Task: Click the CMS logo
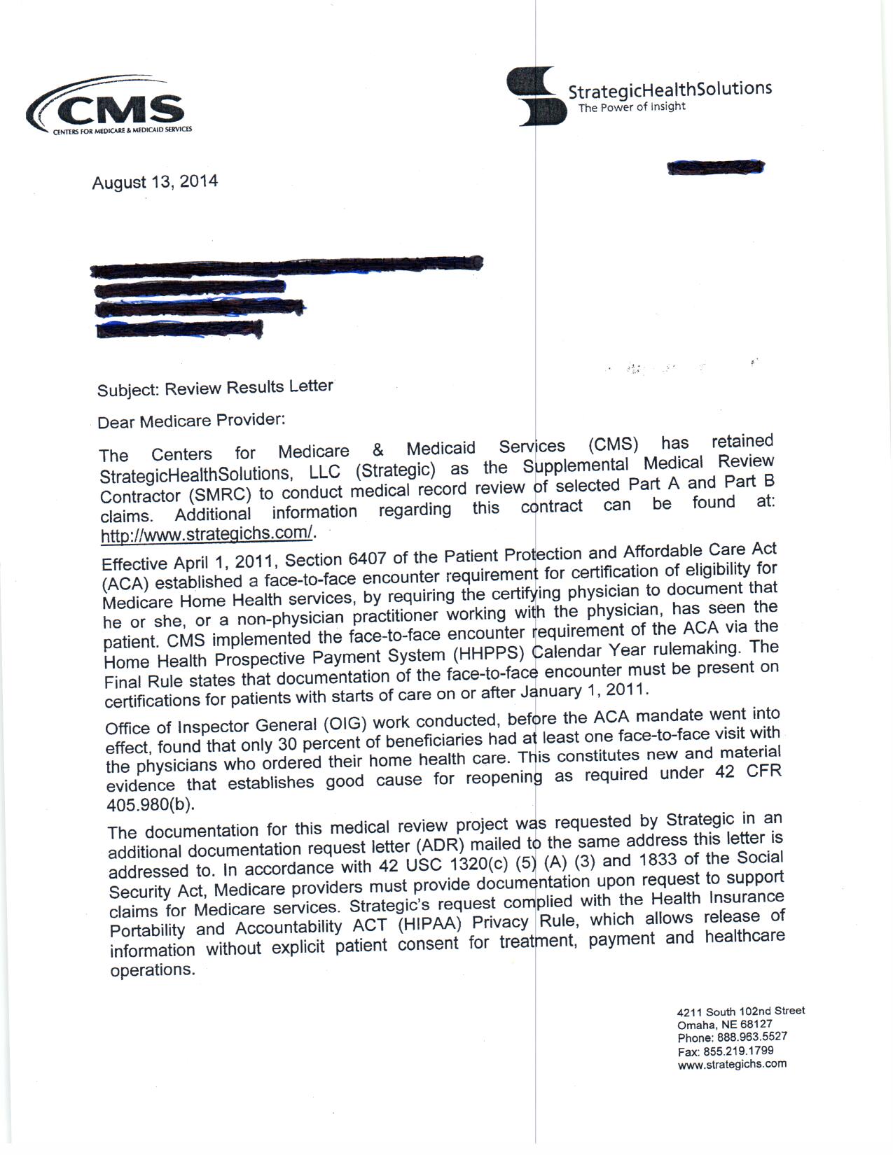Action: point(109,108)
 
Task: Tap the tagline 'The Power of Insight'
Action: point(631,107)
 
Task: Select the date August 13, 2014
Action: point(155,183)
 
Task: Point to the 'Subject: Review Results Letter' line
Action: point(215,388)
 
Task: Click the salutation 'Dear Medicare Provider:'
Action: point(191,421)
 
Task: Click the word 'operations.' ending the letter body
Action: point(153,970)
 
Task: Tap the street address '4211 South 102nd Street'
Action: point(740,1011)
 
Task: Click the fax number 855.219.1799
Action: point(745,1051)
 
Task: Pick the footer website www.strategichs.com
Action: point(732,1064)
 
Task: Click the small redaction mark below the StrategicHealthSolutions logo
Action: point(715,167)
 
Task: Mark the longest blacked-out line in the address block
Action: point(287,265)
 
